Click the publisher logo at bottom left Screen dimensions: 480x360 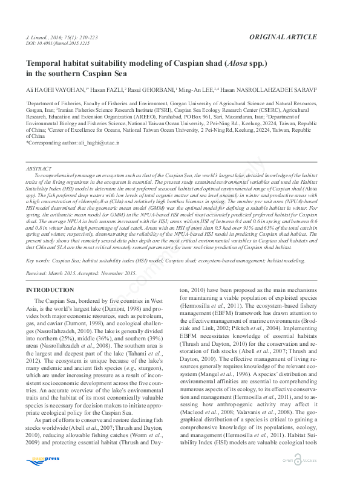43,460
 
